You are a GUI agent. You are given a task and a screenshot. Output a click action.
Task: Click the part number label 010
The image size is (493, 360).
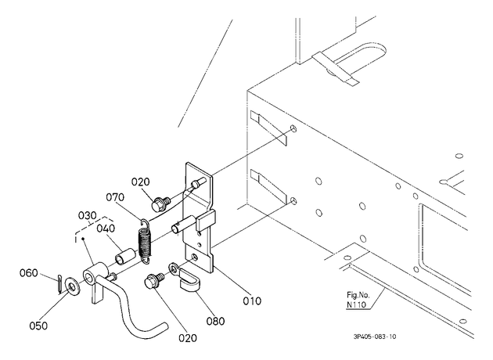coord(252,301)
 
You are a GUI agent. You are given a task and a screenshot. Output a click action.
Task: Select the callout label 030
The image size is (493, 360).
coord(87,216)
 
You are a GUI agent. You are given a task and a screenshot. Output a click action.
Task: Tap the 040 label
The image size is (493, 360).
coord(106,229)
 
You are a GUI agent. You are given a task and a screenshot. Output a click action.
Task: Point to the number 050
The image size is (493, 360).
coord(38,326)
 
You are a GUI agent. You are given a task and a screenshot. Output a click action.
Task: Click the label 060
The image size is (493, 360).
coord(29,272)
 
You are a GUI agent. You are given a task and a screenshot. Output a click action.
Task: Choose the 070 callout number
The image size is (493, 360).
coord(115,197)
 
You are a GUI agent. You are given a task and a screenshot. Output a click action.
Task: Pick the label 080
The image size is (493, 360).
coord(215,321)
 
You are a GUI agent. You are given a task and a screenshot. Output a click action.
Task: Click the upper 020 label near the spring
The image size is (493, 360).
coord(141,182)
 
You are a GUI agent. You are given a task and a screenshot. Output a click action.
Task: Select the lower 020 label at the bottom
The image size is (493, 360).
coord(188,338)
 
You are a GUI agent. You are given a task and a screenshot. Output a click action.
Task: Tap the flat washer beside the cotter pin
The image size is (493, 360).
coord(73,286)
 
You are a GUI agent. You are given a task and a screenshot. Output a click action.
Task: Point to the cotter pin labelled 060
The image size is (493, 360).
coord(60,284)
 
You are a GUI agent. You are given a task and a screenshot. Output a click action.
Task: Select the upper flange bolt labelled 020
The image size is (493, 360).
coord(160,203)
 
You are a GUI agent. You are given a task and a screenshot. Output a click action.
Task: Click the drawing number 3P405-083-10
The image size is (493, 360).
coord(375,337)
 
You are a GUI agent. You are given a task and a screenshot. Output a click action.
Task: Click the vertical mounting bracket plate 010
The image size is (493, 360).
coord(198,217)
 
